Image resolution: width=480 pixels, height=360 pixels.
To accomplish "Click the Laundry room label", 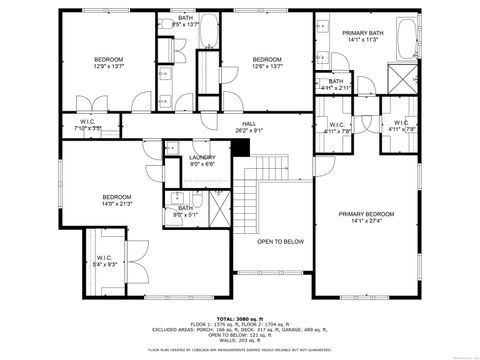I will [x=203, y=158].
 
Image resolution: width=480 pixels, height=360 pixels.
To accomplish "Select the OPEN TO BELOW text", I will [x=280, y=241].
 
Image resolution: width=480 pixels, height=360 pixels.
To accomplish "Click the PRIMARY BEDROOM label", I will [x=365, y=214].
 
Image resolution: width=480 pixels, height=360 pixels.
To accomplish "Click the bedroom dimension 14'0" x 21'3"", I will [x=116, y=203].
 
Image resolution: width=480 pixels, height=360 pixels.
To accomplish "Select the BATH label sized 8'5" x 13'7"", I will [x=186, y=24].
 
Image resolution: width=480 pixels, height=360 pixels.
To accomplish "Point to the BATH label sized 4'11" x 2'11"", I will [x=336, y=88].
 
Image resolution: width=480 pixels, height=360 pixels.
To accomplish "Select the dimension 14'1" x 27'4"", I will [x=365, y=221].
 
